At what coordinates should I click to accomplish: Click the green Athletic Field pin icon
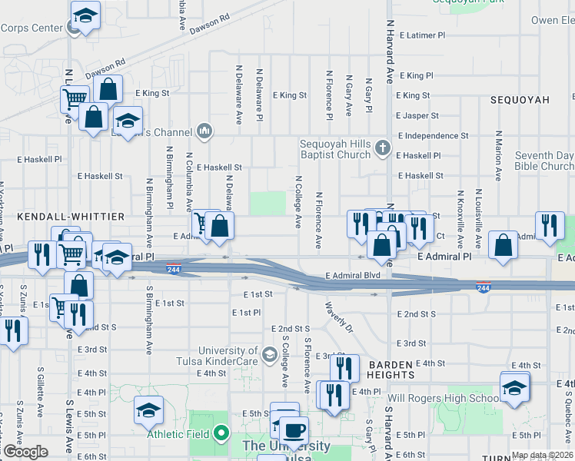pos(221,433)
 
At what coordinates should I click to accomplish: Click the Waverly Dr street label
pos(338,317)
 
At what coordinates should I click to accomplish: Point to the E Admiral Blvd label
pos(353,275)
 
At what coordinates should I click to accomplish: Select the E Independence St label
pos(433,135)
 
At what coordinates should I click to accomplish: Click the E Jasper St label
pos(417,115)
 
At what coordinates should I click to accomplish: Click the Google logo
pos(25,451)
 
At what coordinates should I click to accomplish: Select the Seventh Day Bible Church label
pos(544,161)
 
